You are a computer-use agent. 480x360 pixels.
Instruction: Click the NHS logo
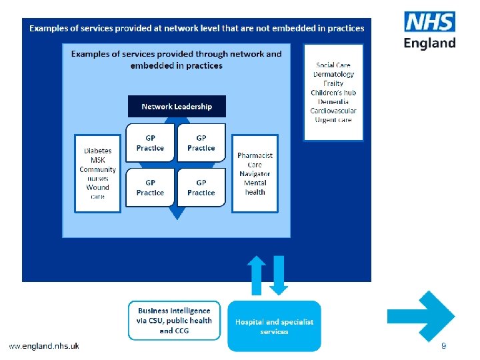point(430,23)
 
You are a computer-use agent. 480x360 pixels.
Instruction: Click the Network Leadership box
point(177,107)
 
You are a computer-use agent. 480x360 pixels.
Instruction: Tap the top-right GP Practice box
point(201,143)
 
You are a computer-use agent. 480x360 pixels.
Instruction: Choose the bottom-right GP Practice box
point(201,187)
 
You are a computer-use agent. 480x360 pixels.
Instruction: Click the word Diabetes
point(97,151)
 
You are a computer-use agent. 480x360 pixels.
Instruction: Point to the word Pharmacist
point(255,155)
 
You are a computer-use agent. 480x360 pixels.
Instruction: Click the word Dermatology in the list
point(333,74)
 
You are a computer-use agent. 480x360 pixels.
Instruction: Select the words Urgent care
point(333,120)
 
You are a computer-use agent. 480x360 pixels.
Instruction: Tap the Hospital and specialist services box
point(274,326)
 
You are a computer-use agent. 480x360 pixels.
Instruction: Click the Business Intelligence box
point(174,320)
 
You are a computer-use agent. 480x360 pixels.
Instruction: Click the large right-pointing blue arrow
point(422,317)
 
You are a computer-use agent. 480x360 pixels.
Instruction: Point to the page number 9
point(443,346)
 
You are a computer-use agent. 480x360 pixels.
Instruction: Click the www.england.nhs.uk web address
point(44,345)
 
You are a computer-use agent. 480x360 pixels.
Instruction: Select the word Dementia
point(333,101)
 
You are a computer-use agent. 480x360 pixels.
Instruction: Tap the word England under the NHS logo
point(430,43)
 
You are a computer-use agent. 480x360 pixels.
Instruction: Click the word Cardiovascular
point(333,111)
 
